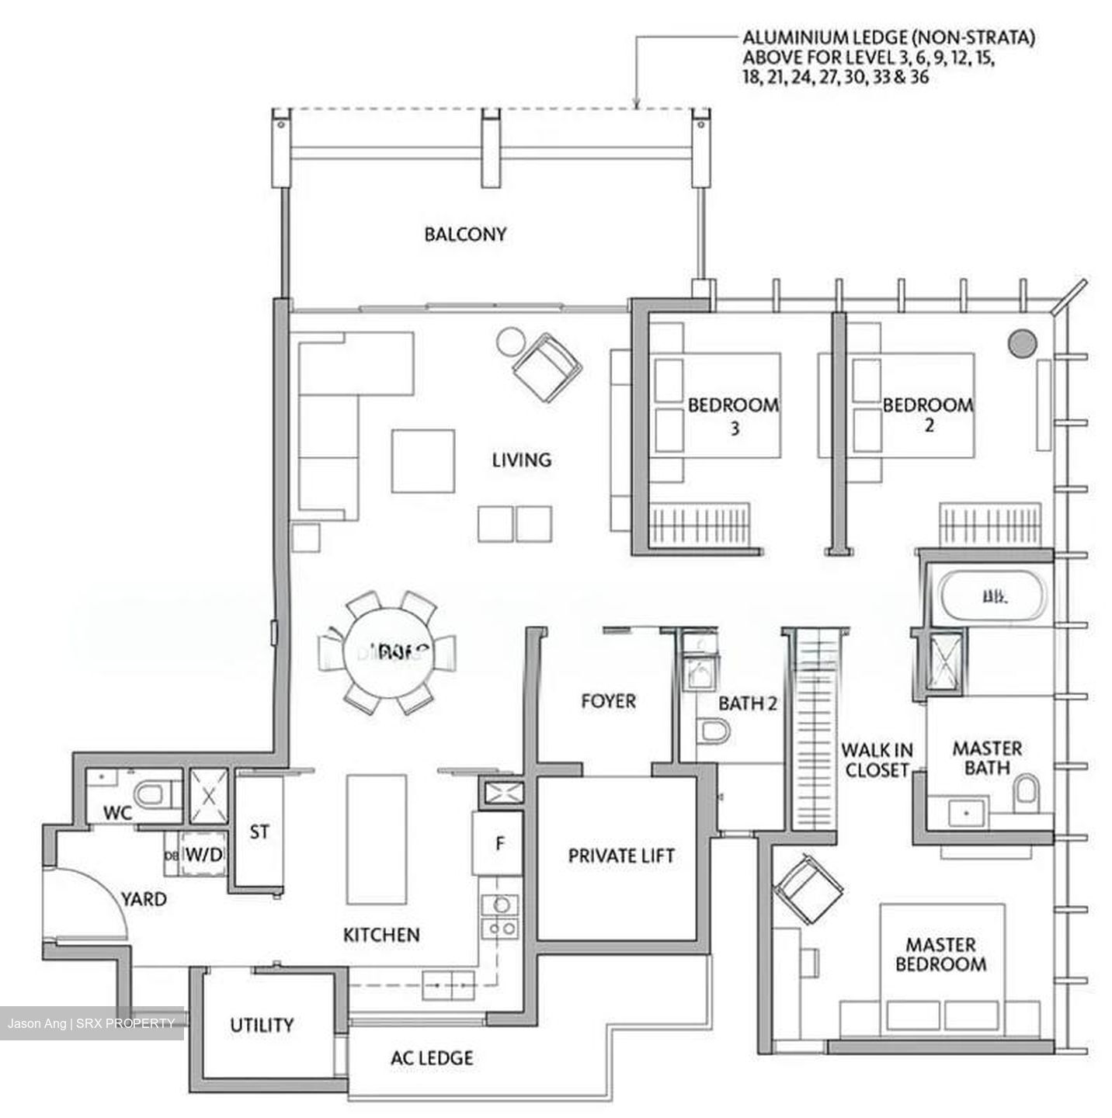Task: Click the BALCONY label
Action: point(464,234)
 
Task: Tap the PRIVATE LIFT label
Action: point(620,856)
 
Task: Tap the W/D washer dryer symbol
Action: point(203,854)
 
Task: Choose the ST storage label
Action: point(259,832)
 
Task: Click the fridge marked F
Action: point(499,843)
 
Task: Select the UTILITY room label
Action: point(262,1025)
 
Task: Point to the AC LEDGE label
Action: point(432,1057)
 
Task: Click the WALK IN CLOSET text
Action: point(877,760)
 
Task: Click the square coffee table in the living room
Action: point(422,461)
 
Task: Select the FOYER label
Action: point(608,701)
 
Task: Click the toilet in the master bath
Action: point(1026,790)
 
